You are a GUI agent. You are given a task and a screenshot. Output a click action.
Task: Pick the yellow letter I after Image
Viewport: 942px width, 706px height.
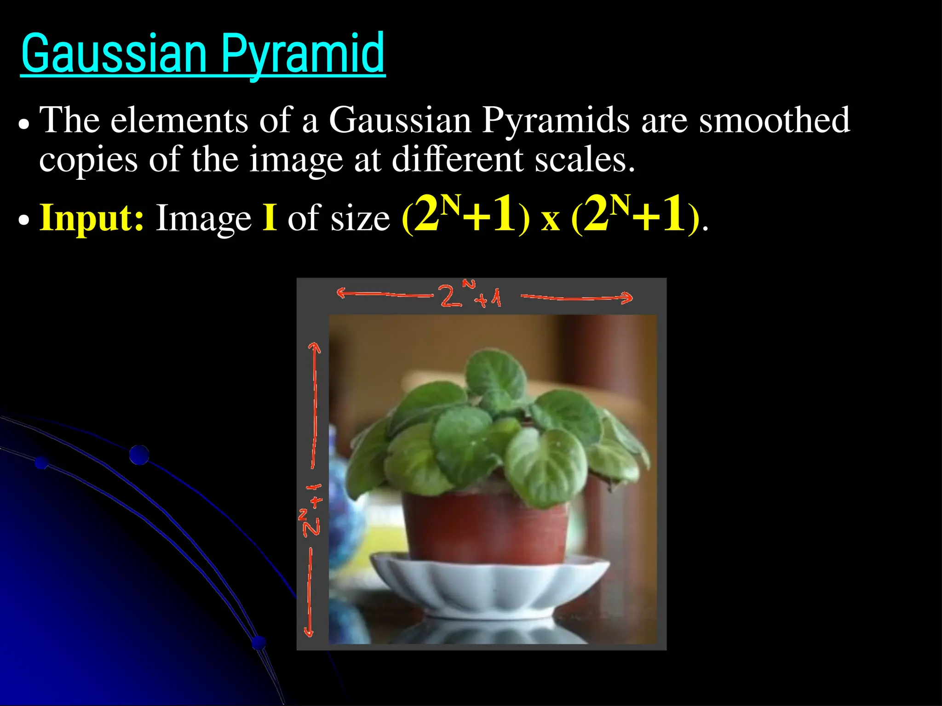coord(270,218)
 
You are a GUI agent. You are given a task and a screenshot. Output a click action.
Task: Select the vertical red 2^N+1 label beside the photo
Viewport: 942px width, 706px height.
coord(311,510)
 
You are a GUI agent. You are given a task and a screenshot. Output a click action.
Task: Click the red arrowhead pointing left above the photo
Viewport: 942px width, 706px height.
coord(341,293)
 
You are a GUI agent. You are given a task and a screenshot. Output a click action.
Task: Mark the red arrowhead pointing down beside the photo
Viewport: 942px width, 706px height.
coord(309,632)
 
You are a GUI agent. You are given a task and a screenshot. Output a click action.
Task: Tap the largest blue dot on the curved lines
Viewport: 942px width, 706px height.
coord(139,455)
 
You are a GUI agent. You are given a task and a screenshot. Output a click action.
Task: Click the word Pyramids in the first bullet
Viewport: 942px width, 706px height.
coord(555,120)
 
